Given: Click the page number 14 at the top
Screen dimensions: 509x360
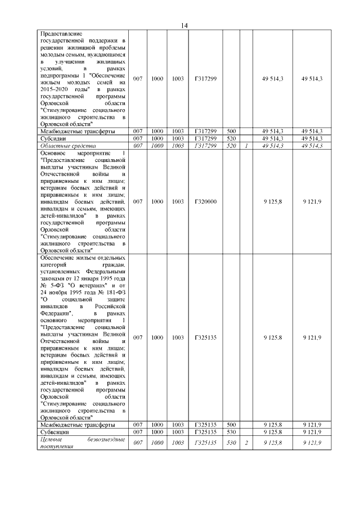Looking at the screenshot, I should tap(184, 25).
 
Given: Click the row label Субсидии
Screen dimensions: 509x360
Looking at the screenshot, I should tap(53, 138).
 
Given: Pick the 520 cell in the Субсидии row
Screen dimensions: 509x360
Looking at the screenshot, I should tap(230, 138).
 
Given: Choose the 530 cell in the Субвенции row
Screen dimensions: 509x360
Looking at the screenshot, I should tap(230, 432).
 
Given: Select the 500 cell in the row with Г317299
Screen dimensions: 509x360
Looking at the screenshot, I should tap(230, 131).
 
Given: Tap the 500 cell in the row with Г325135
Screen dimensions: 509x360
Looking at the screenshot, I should tap(230, 425).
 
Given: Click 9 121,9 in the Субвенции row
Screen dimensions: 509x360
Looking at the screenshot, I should tap(312, 432).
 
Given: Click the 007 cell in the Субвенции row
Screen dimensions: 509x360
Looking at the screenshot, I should tap(137, 432).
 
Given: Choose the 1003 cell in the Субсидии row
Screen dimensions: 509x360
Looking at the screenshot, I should tap(178, 138).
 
